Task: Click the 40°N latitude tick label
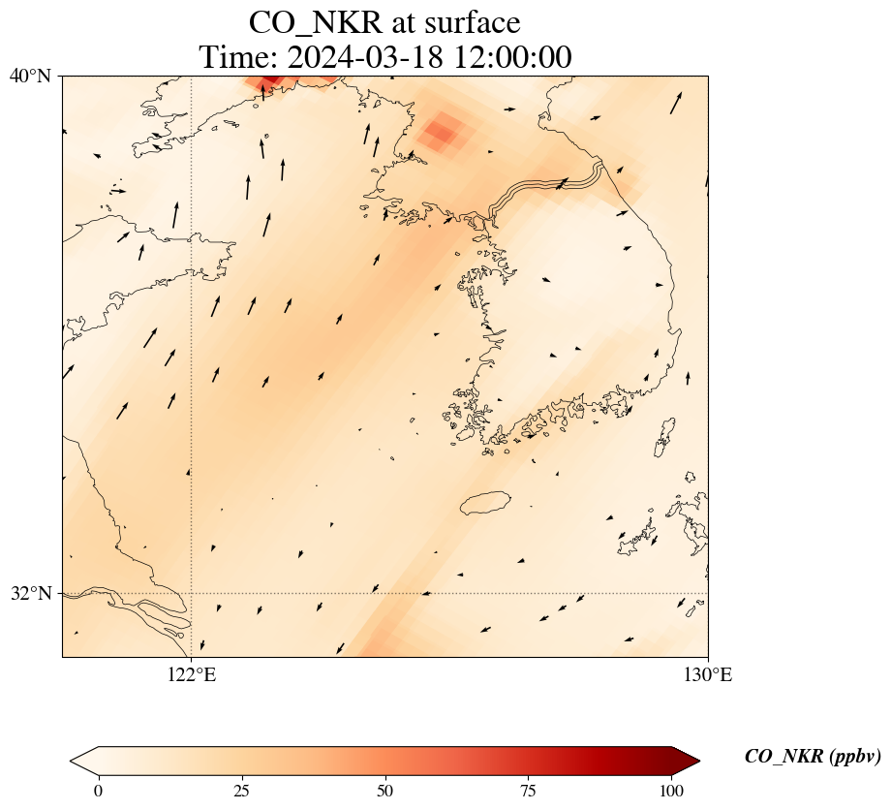[30, 76]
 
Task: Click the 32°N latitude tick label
[30, 593]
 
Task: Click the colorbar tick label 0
[98, 791]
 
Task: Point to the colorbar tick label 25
[242, 791]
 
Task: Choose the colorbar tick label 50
[385, 791]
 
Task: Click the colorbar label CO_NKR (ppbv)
[813, 757]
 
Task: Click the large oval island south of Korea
[485, 503]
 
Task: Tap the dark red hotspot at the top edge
[271, 80]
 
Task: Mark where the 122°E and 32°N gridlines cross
[192, 593]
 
